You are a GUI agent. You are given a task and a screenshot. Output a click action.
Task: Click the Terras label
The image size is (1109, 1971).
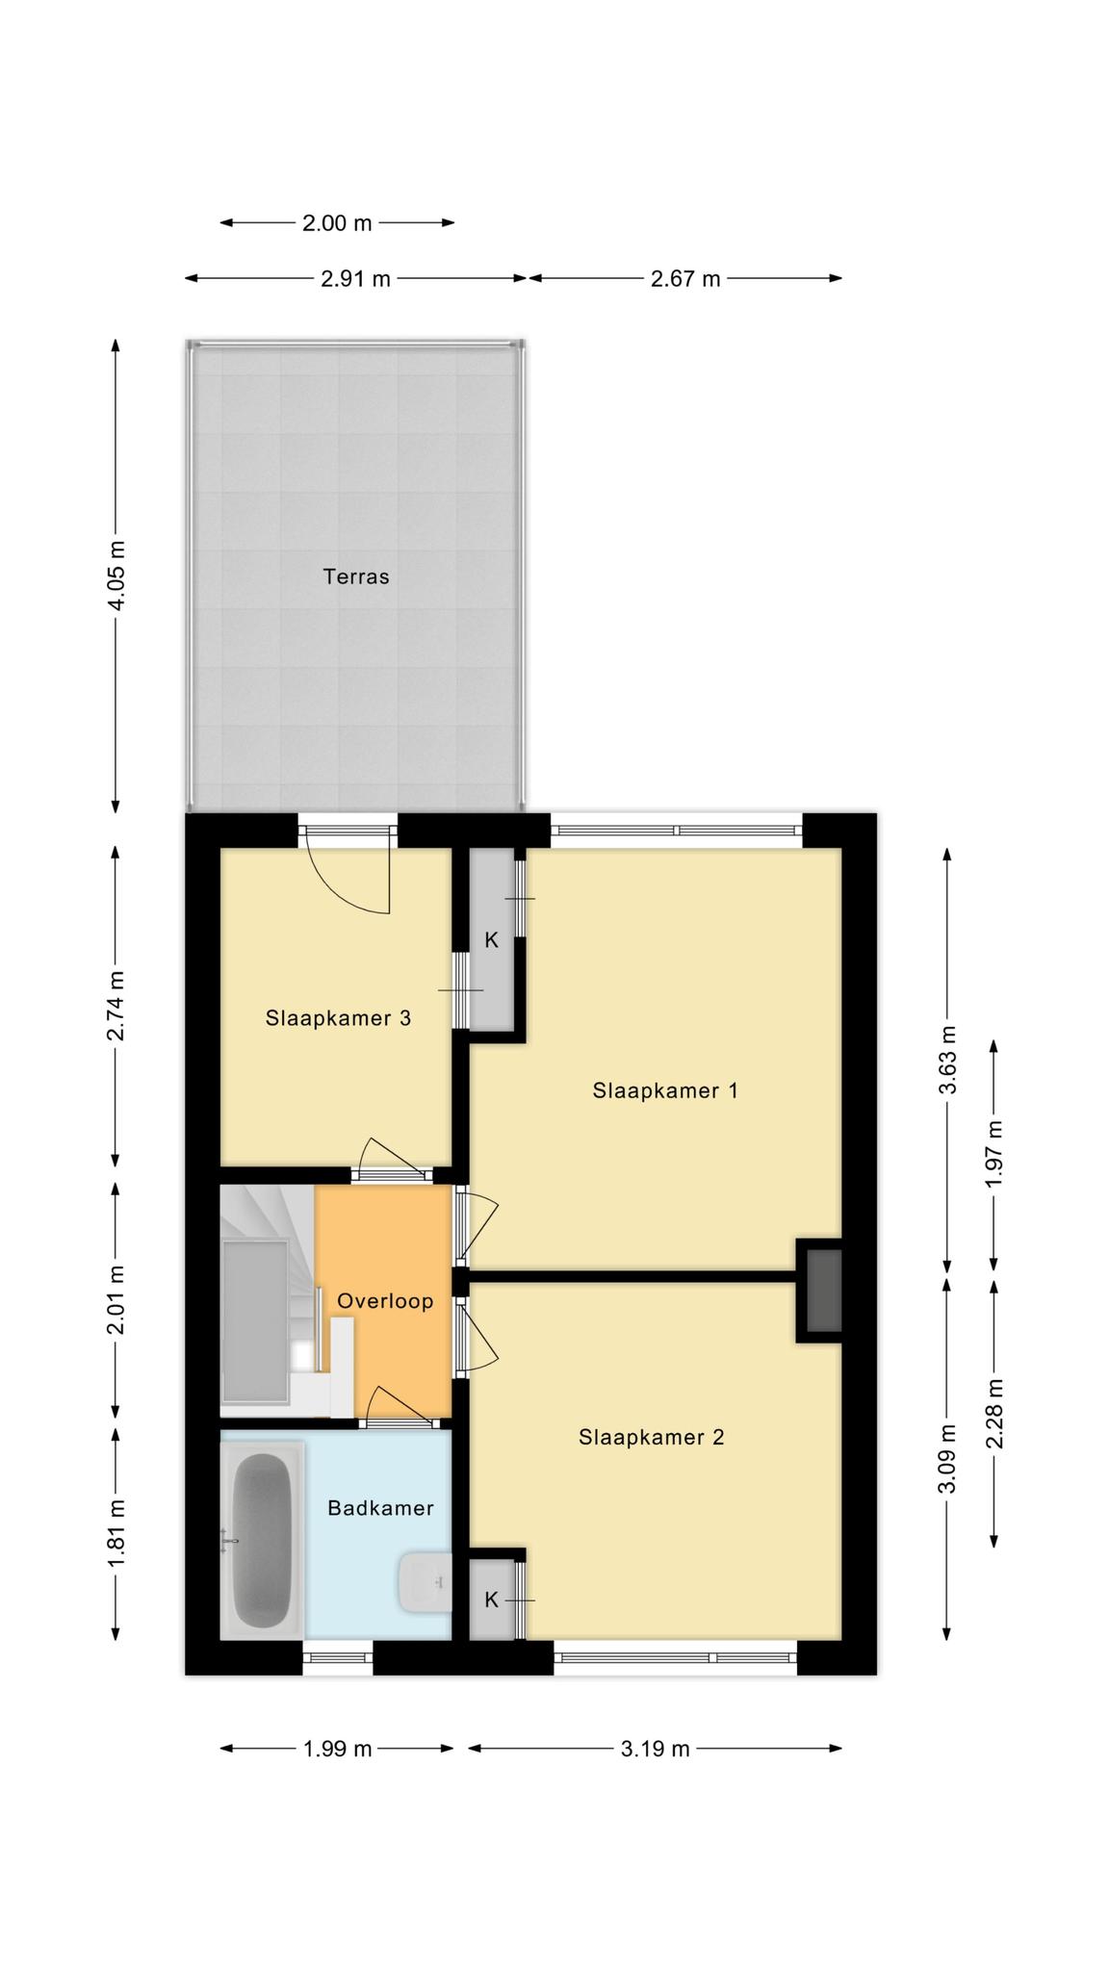[356, 576]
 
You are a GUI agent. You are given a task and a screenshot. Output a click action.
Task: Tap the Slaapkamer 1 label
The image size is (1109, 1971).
[665, 1090]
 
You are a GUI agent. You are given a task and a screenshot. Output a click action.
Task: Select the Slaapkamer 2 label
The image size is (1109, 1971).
[651, 1437]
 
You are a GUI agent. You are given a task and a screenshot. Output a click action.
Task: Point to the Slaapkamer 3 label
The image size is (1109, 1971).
[338, 1017]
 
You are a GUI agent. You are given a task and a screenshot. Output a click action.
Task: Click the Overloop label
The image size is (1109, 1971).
[385, 1301]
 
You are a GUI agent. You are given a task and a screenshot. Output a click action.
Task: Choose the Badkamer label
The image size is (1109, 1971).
[380, 1508]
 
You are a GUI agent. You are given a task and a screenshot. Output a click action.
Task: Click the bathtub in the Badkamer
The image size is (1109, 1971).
[262, 1540]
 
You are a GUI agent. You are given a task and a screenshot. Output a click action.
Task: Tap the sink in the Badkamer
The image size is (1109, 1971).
[425, 1582]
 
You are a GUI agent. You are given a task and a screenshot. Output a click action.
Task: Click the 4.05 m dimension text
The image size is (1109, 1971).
[116, 576]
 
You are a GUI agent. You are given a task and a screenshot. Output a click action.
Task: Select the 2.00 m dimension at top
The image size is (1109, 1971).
[337, 223]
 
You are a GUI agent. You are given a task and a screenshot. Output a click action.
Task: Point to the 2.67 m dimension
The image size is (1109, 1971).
[685, 279]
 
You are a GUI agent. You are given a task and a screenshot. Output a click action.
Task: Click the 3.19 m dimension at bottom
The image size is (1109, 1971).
[655, 1749]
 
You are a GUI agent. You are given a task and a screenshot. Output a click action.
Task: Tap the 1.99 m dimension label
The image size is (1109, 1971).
[337, 1749]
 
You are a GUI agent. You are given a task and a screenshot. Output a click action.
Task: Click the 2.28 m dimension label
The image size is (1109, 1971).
[994, 1413]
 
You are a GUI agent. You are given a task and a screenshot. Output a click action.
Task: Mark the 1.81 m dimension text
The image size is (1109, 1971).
[116, 1532]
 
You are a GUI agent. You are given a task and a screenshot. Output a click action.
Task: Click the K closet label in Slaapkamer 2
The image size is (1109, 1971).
[491, 1600]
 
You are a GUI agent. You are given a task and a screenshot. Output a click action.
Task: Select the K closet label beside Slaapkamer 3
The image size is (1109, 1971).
[491, 940]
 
